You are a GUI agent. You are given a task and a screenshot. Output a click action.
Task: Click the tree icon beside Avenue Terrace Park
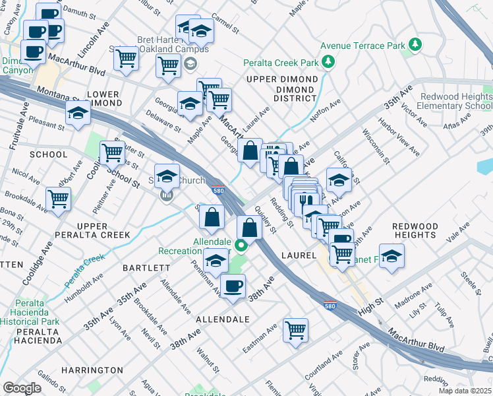coord(415,45)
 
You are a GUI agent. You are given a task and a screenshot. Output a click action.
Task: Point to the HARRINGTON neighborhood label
coord(92,370)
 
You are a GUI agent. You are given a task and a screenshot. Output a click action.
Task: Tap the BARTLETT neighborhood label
coord(147,268)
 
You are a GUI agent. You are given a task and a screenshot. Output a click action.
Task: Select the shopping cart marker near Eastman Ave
coord(295,329)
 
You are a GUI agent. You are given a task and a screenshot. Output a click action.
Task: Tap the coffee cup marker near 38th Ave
coord(232,286)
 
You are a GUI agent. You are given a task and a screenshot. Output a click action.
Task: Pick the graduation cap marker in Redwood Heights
coord(391,255)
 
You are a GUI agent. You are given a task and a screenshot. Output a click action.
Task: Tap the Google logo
coord(22,387)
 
